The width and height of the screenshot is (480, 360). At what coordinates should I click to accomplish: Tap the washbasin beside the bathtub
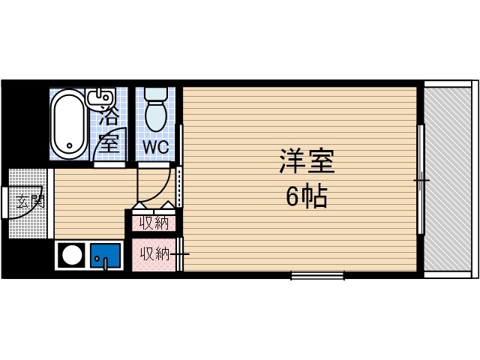pos(99,97)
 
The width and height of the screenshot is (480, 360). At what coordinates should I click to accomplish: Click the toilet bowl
pos(156,116)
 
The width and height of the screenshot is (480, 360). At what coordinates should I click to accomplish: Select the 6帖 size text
pos(306,196)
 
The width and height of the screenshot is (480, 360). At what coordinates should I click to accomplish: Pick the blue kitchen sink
pos(106,256)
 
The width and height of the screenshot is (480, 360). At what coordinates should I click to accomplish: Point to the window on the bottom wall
pos(317,275)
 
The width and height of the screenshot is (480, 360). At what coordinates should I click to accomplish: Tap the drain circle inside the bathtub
pos(70,145)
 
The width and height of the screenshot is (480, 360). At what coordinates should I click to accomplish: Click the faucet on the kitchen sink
pos(106,262)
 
